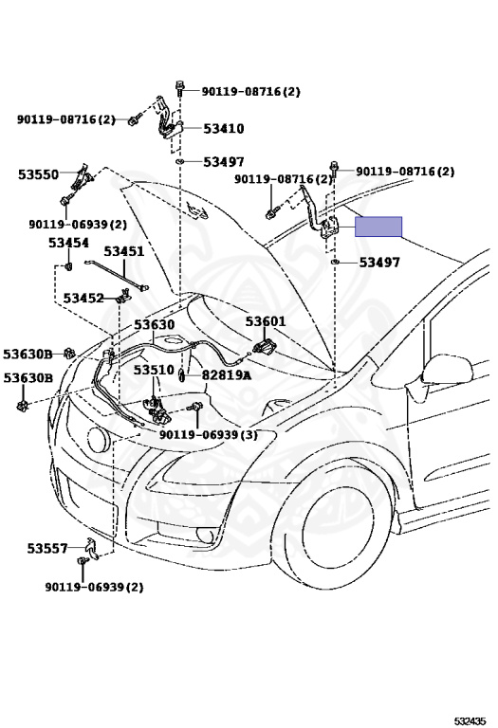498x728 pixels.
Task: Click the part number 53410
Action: pyautogui.click(x=224, y=128)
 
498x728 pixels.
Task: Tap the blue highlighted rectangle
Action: pyautogui.click(x=378, y=227)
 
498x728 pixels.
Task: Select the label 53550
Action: pyautogui.click(x=39, y=174)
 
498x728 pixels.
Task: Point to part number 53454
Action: pyautogui.click(x=68, y=243)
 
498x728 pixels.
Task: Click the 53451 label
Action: pyautogui.click(x=123, y=251)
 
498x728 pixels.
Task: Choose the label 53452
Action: pyautogui.click(x=83, y=298)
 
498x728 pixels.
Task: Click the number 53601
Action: pyautogui.click(x=266, y=321)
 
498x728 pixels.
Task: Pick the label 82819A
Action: pyautogui.click(x=227, y=375)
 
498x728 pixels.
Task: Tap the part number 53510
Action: pyautogui.click(x=154, y=370)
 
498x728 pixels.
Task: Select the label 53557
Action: pyautogui.click(x=46, y=548)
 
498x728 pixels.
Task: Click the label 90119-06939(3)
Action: pyautogui.click(x=208, y=435)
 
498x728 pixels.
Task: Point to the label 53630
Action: pyautogui.click(x=155, y=324)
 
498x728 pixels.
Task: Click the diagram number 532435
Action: pyautogui.click(x=470, y=721)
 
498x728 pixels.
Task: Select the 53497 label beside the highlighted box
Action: pyautogui.click(x=379, y=263)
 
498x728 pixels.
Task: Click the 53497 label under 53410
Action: pyautogui.click(x=224, y=161)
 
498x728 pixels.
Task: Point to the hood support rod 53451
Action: pyautogui.click(x=116, y=275)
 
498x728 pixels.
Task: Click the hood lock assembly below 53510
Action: pyautogui.click(x=157, y=409)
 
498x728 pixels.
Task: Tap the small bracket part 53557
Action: pyautogui.click(x=92, y=548)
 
